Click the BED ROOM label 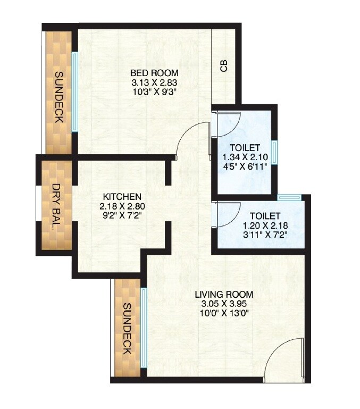point(154,73)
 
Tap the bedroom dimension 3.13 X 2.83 point(154,82)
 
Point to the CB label point(224,66)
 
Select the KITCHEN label point(122,196)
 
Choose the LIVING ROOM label point(223,294)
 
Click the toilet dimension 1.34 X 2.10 point(245,157)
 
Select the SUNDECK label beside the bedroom point(58,97)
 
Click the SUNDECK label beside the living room point(127,329)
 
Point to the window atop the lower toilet point(289,198)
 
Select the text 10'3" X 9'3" point(154,91)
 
